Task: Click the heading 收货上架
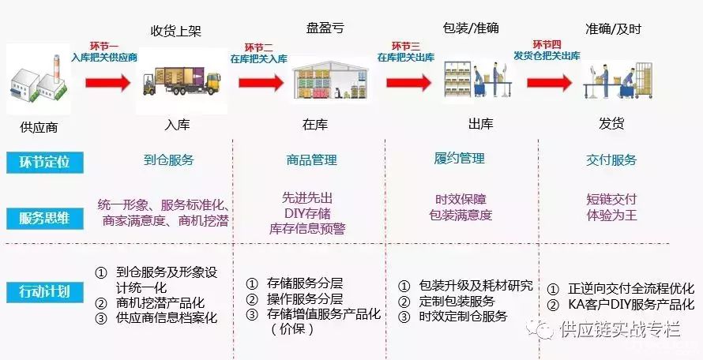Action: (x=175, y=31)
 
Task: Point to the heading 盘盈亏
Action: (x=325, y=28)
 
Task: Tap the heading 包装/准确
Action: (x=472, y=28)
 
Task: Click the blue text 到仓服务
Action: (x=168, y=159)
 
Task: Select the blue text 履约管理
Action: (x=460, y=159)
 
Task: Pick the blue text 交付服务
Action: (x=611, y=159)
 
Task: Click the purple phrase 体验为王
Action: (x=611, y=215)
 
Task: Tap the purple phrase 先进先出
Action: (x=308, y=197)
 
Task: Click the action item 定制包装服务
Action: (x=455, y=301)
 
